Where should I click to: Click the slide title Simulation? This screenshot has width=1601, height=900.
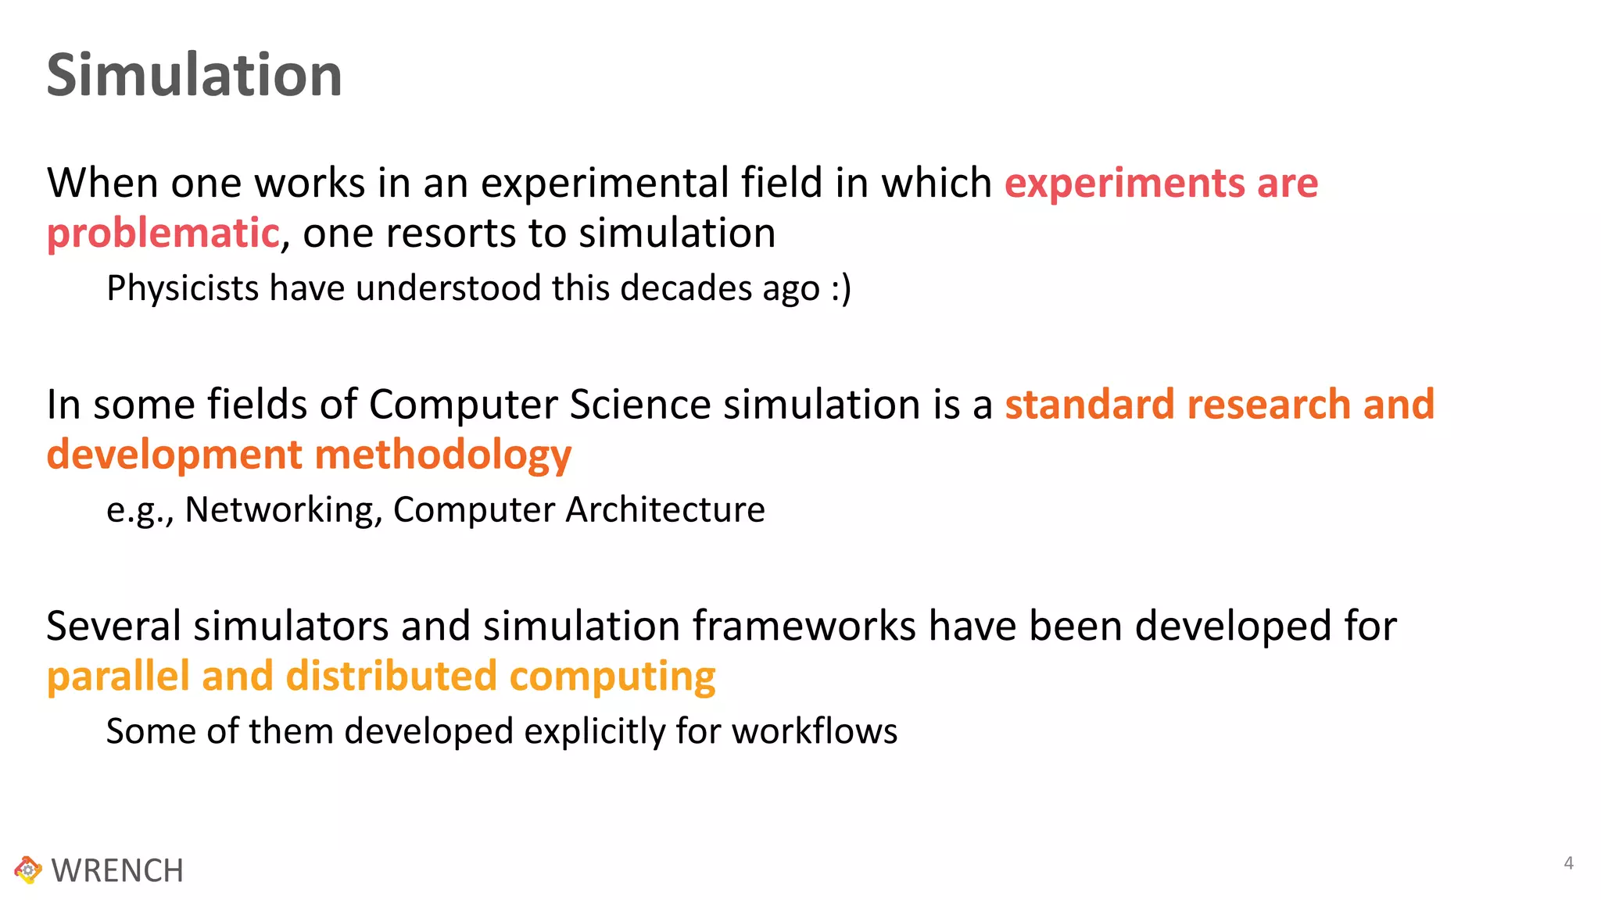194,75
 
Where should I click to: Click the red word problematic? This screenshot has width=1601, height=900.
163,234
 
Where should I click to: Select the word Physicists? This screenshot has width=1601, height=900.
182,288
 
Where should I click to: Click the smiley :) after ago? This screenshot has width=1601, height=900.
840,288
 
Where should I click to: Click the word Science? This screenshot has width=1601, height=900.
640,405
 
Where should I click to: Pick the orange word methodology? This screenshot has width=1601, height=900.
442,455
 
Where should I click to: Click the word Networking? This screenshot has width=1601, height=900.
283,510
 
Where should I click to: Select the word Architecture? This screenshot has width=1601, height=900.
665,510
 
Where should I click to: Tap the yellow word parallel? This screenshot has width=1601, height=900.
118,677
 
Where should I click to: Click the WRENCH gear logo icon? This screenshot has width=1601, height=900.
28,870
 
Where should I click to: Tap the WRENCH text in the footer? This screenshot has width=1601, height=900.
117,870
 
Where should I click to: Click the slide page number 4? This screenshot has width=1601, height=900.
1568,863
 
